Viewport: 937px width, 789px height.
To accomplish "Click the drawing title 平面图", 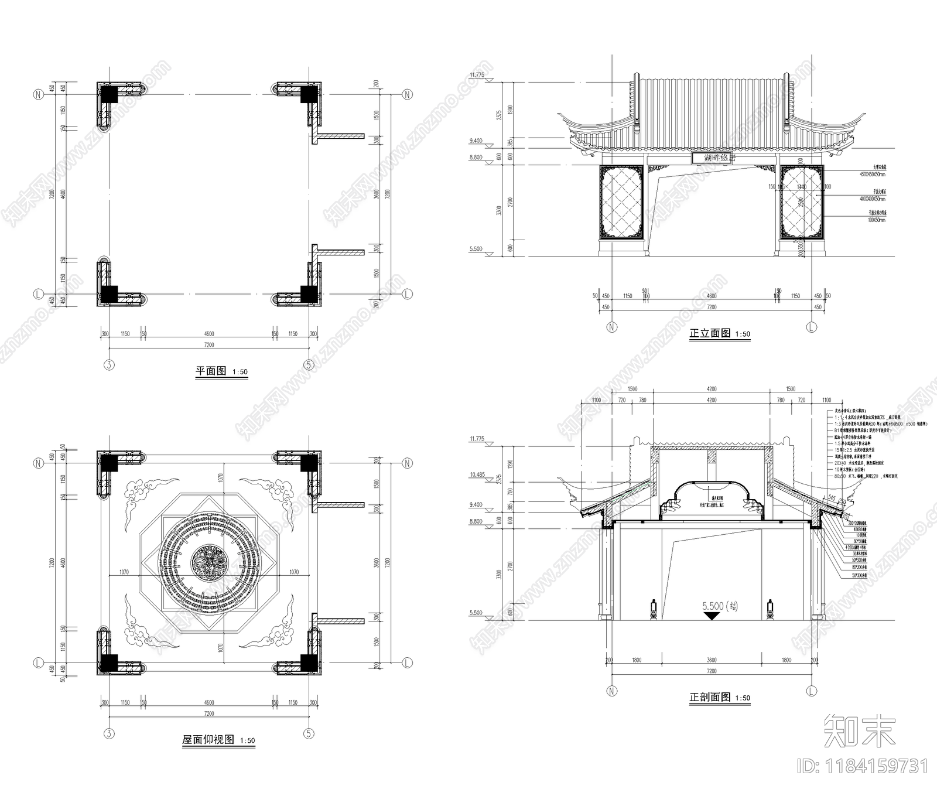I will [x=210, y=371].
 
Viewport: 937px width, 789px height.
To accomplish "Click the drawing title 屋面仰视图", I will [x=208, y=740].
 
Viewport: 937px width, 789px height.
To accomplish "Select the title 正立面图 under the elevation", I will [x=710, y=333].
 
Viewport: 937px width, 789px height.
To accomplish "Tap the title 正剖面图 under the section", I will [x=710, y=698].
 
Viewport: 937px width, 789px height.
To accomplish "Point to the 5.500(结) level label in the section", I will [x=720, y=606].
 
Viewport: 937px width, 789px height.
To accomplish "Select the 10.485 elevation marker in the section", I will [x=477, y=474].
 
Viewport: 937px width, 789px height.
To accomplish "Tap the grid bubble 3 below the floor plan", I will [x=109, y=365].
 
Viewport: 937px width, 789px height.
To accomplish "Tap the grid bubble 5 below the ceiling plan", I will [x=309, y=733].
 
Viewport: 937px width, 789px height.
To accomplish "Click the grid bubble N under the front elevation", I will [x=612, y=327].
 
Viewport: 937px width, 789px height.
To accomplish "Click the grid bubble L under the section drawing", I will [x=811, y=691].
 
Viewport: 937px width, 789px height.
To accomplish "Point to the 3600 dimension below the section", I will [x=711, y=660].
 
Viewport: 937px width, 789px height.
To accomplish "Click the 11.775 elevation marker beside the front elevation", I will [x=477, y=75].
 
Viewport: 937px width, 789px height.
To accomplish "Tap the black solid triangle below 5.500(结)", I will [x=711, y=616].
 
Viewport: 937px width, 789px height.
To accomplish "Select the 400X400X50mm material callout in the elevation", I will [x=873, y=199].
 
